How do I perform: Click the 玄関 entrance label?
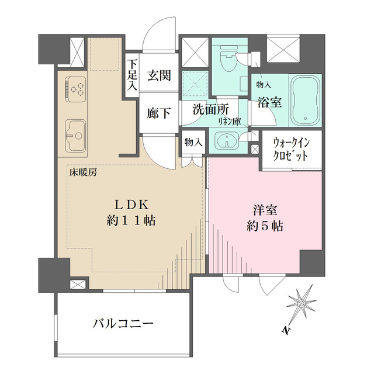(158, 75)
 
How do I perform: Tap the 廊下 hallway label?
(158, 113)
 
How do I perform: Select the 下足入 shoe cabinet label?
(133, 74)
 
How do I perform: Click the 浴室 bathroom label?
(269, 102)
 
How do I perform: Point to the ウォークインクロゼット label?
(290, 150)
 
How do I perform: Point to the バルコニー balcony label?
(123, 323)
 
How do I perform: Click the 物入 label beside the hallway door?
(193, 142)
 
